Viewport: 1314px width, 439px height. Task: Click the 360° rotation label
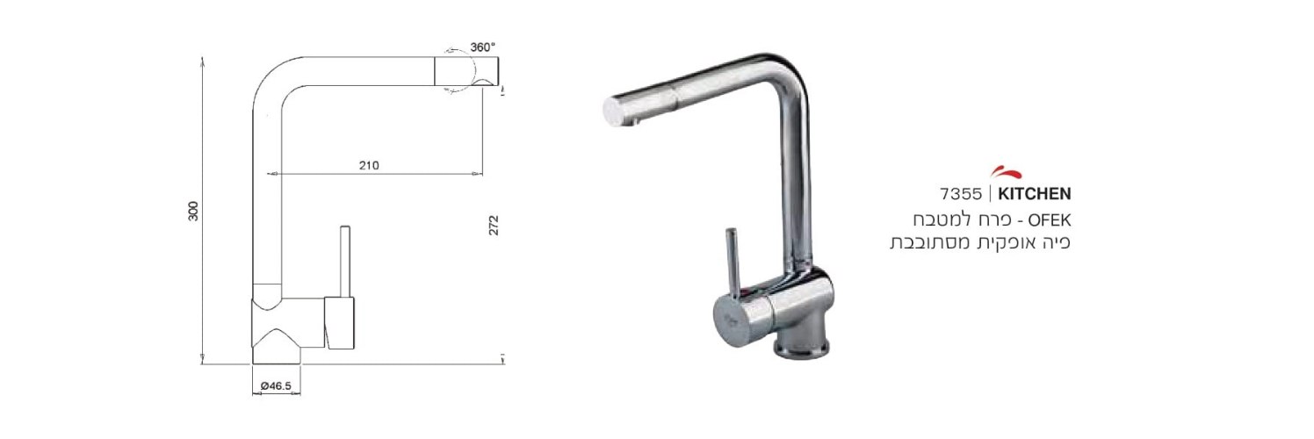coord(483,47)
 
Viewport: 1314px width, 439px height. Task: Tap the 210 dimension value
coord(369,166)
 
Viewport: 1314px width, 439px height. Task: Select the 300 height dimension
coord(193,211)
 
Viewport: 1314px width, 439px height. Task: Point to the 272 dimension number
coord(494,226)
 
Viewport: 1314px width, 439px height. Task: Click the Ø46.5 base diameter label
coord(276,385)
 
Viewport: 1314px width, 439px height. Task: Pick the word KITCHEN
coord(1034,193)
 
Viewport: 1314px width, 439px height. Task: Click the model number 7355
coord(960,193)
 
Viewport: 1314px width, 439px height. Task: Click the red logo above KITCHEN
coord(1007,173)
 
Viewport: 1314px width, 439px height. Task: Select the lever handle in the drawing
coord(345,261)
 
